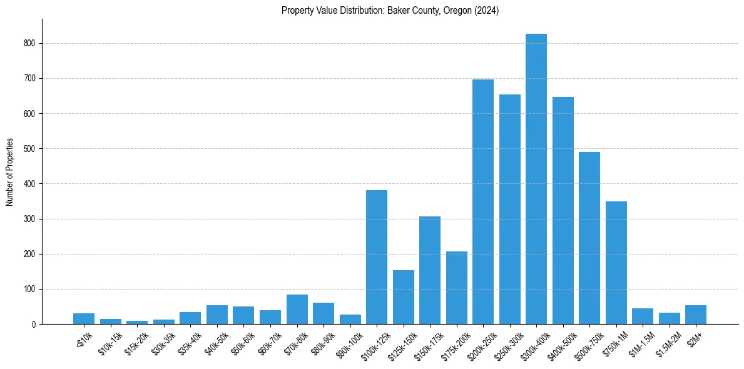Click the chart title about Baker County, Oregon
tap(390, 11)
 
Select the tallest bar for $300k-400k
tap(536, 179)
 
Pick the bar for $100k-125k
tap(377, 257)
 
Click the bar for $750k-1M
tap(616, 263)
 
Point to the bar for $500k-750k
tap(589, 238)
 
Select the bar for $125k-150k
tap(404, 297)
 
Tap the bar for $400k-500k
tap(563, 210)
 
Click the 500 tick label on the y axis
tap(31, 149)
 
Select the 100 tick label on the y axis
tap(31, 290)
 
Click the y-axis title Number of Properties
tap(10, 171)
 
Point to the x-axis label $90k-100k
tap(349, 343)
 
